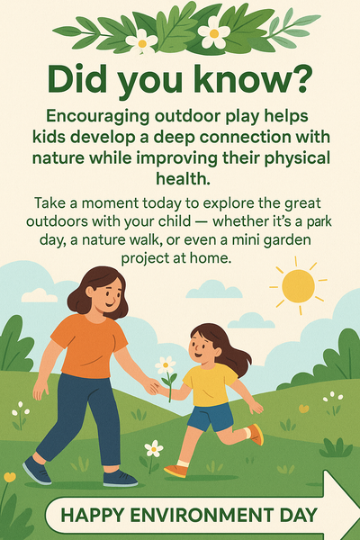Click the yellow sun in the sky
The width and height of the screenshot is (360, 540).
pyautogui.click(x=299, y=286)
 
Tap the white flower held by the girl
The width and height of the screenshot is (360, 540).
pyautogui.click(x=165, y=365)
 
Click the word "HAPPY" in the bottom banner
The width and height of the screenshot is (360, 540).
pyautogui.click(x=92, y=516)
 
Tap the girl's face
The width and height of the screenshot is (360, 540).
pyautogui.click(x=204, y=346)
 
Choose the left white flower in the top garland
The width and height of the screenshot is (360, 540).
pyautogui.click(x=141, y=40)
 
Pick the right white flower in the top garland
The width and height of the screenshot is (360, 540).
pyautogui.click(x=213, y=33)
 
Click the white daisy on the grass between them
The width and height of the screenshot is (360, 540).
pyautogui.click(x=154, y=448)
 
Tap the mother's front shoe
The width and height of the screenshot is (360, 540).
pyautogui.click(x=120, y=477)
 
